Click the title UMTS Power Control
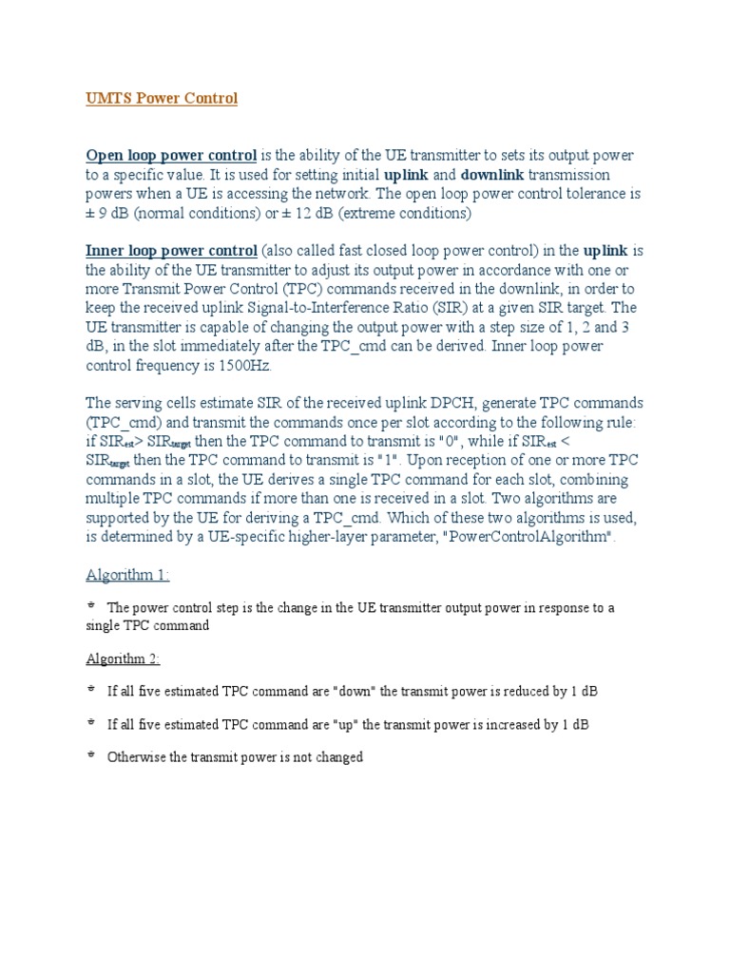(x=162, y=99)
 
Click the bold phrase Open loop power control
(x=171, y=155)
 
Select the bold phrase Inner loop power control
(x=171, y=251)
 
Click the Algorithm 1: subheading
(x=128, y=576)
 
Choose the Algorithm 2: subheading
(x=124, y=659)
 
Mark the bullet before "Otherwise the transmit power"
(x=91, y=756)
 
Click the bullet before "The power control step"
(x=91, y=606)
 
